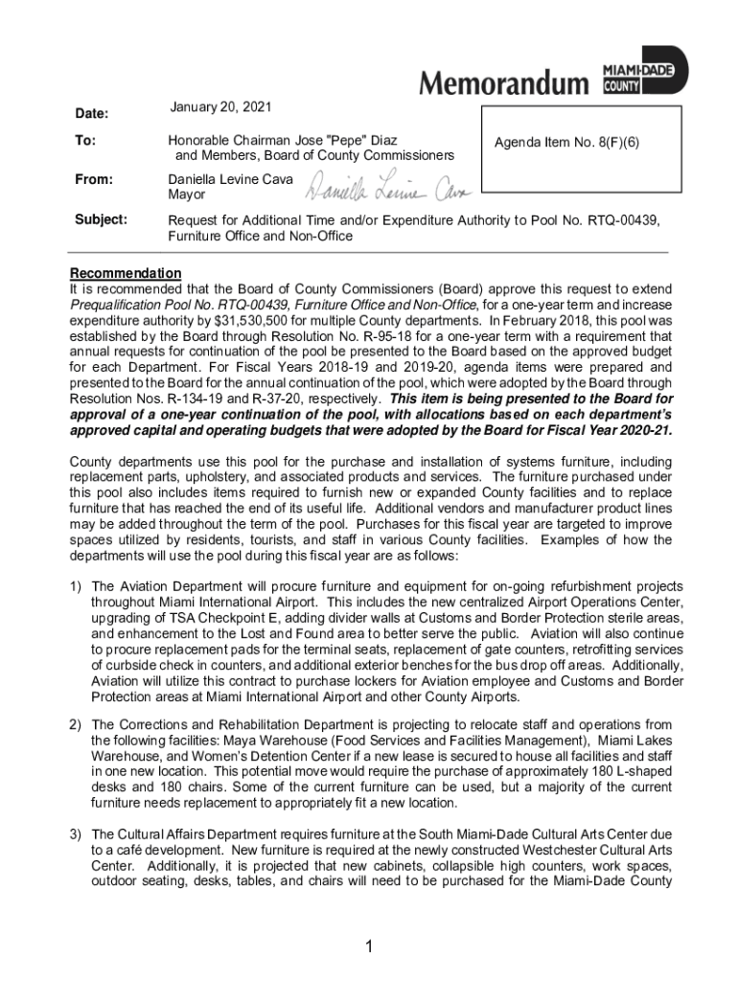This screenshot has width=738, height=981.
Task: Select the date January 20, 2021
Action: point(220,105)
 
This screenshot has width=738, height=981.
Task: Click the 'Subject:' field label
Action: point(101,219)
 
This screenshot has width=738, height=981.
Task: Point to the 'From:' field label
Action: point(94,179)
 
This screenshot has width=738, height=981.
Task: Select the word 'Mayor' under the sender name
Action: point(187,194)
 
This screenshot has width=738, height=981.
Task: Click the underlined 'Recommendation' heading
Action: point(125,274)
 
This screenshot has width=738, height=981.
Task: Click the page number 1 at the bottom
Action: point(368,947)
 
